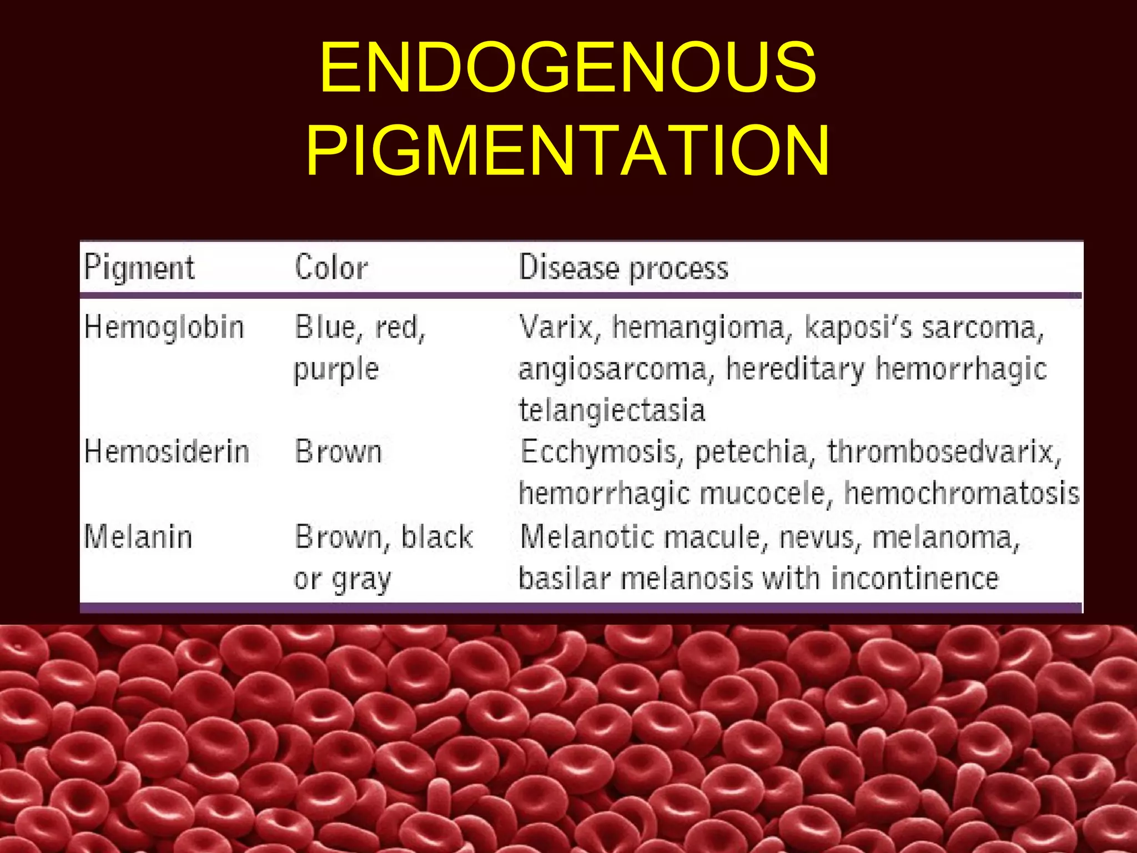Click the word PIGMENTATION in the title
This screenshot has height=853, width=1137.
tap(568, 151)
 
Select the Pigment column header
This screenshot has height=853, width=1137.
tap(139, 268)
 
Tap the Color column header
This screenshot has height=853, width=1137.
tap(331, 268)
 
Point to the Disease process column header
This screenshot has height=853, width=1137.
tap(623, 268)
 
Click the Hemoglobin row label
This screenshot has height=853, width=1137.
tap(164, 327)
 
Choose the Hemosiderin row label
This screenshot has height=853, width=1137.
tap(167, 451)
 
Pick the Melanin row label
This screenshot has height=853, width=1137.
tap(138, 537)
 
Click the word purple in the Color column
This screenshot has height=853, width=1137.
tap(336, 369)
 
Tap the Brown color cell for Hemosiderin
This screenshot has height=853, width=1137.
tap(339, 451)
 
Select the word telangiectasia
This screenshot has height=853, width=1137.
tap(612, 410)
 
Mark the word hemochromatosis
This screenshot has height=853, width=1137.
tap(962, 493)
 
